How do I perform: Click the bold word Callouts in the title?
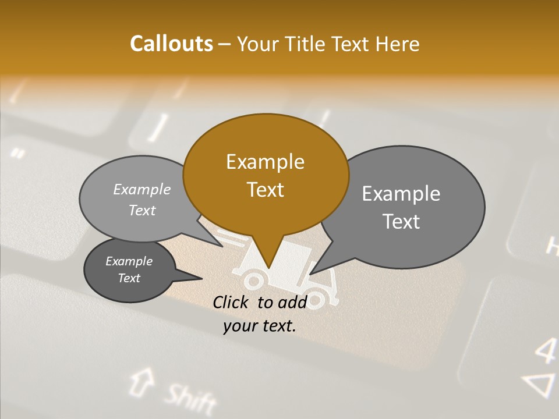(x=171, y=44)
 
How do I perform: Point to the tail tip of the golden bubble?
(x=268, y=268)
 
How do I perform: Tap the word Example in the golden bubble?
(x=265, y=162)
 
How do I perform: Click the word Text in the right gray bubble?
(x=401, y=222)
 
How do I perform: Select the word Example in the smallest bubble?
(x=129, y=261)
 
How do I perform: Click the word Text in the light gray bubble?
(x=142, y=211)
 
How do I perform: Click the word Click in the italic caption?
(x=231, y=302)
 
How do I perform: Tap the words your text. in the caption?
(x=260, y=326)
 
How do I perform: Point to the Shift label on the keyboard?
(x=189, y=398)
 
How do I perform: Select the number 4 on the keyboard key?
(x=546, y=350)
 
